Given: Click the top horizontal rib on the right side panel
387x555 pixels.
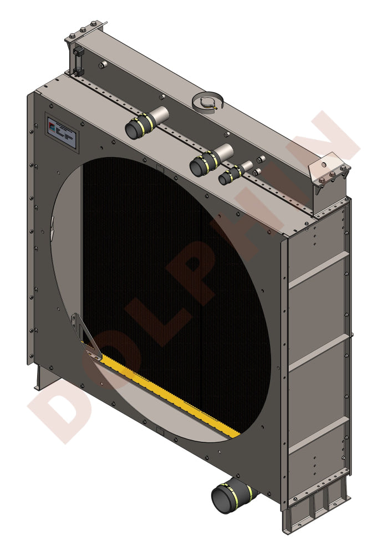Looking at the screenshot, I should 319,270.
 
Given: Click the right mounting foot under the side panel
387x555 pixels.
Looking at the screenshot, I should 316,508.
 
